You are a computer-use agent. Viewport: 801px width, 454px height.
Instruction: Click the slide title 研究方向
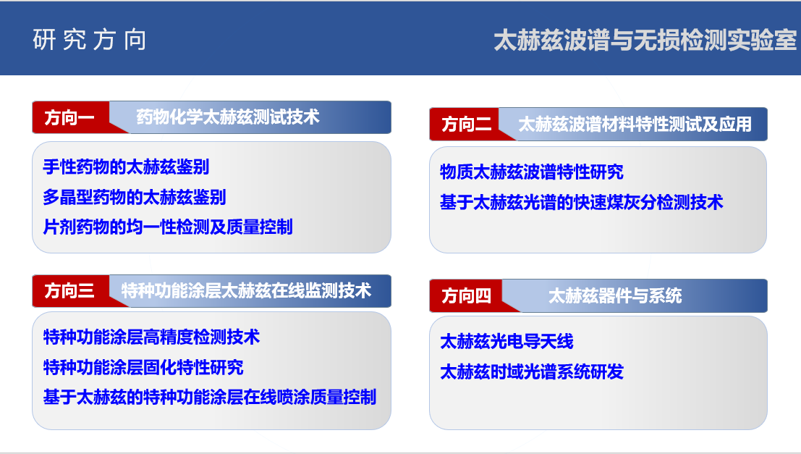(x=90, y=40)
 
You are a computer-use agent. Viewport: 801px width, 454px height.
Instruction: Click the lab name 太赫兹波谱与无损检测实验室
(x=645, y=41)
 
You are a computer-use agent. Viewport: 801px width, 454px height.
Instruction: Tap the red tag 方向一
(x=69, y=117)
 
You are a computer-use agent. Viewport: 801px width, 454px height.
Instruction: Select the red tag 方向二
(x=467, y=125)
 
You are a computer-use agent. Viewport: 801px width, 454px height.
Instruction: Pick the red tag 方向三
(x=69, y=291)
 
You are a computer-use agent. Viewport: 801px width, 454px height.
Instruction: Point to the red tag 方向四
(x=467, y=295)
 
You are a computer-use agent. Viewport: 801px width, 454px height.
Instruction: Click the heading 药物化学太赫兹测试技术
(x=228, y=117)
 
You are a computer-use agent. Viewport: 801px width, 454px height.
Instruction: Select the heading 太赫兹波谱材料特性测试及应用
(x=635, y=125)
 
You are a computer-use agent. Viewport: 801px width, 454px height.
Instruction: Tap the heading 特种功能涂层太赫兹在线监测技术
(x=246, y=291)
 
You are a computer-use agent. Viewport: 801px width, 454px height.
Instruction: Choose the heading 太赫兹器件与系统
(x=615, y=295)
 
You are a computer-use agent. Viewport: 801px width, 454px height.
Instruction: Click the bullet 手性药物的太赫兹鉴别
(x=126, y=167)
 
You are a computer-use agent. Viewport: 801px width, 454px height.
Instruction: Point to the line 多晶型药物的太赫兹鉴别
(x=135, y=197)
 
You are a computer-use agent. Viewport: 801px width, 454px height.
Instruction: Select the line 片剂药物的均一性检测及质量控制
(x=168, y=227)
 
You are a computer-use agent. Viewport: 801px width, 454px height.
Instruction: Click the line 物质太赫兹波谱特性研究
(x=532, y=172)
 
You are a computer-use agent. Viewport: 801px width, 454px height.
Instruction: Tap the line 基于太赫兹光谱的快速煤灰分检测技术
(x=582, y=202)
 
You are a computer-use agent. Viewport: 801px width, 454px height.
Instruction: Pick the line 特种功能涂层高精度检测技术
(x=152, y=337)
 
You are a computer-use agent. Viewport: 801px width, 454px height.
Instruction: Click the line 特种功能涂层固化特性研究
(x=143, y=367)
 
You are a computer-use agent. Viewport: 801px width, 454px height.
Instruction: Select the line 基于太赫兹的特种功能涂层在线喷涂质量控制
(x=210, y=397)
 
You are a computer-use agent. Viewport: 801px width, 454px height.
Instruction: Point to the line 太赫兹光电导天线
(x=507, y=341)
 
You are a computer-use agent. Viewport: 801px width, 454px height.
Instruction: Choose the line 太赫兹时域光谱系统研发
(x=532, y=371)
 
